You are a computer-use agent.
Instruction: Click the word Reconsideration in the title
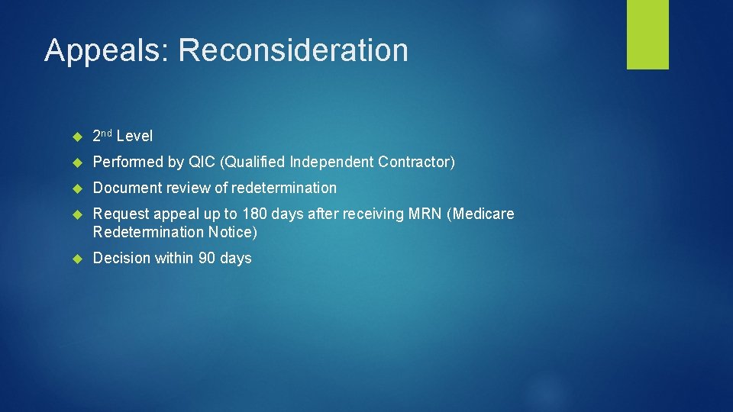coord(293,51)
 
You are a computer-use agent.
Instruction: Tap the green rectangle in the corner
coord(647,34)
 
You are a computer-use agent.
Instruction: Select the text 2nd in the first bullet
coord(102,136)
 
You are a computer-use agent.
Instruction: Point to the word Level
coord(135,137)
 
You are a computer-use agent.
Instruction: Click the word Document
coord(124,188)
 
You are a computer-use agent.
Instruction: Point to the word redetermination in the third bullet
coord(284,188)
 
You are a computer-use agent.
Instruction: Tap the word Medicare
coord(485,214)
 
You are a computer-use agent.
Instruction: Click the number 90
coord(207,258)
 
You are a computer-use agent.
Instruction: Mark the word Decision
coord(121,258)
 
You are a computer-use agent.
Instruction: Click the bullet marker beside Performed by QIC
coord(76,163)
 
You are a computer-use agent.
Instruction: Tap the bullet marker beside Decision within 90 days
coord(76,259)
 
